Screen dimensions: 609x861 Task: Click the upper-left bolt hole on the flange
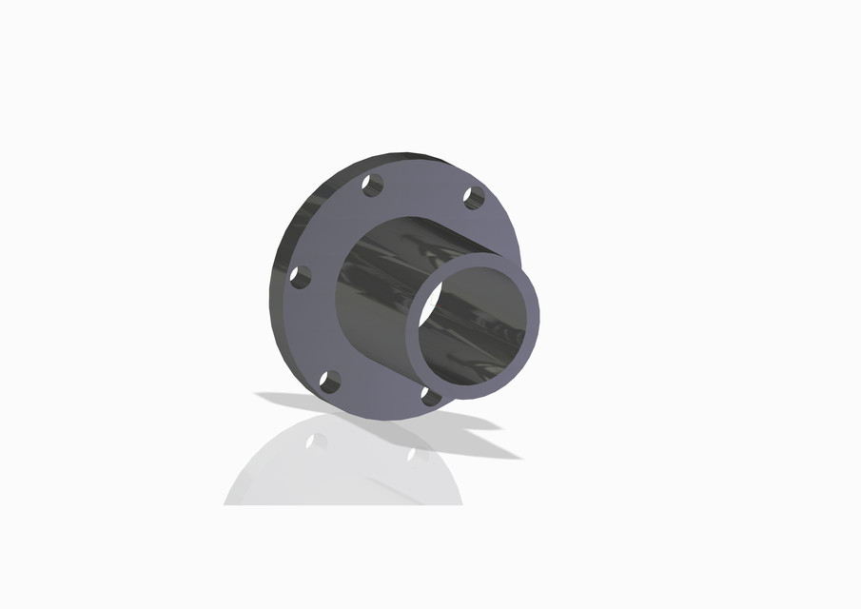[x=372, y=186]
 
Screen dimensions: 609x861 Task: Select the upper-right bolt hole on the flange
[x=474, y=198]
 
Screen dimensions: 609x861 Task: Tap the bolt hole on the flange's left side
[x=301, y=277]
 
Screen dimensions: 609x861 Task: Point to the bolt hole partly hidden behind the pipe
[x=429, y=395]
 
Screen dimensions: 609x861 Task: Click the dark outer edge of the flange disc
[x=284, y=285]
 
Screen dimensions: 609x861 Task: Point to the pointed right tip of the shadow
[x=519, y=458]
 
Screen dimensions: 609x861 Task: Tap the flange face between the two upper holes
[x=423, y=186]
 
